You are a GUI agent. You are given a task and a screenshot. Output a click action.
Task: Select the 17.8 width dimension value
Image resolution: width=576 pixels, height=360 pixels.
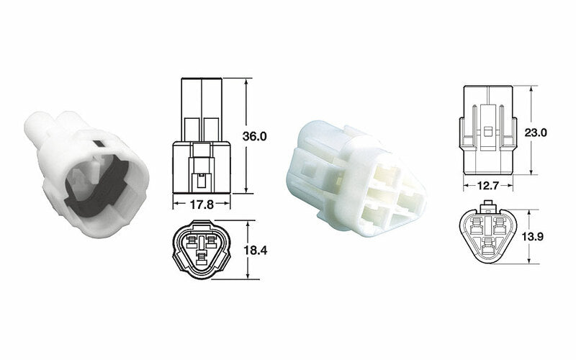[x=202, y=204]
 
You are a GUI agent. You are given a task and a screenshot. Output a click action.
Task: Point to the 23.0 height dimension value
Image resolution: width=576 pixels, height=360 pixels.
[x=546, y=132]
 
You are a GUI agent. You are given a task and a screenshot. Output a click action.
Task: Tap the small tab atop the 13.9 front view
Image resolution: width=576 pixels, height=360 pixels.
[x=490, y=207]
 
